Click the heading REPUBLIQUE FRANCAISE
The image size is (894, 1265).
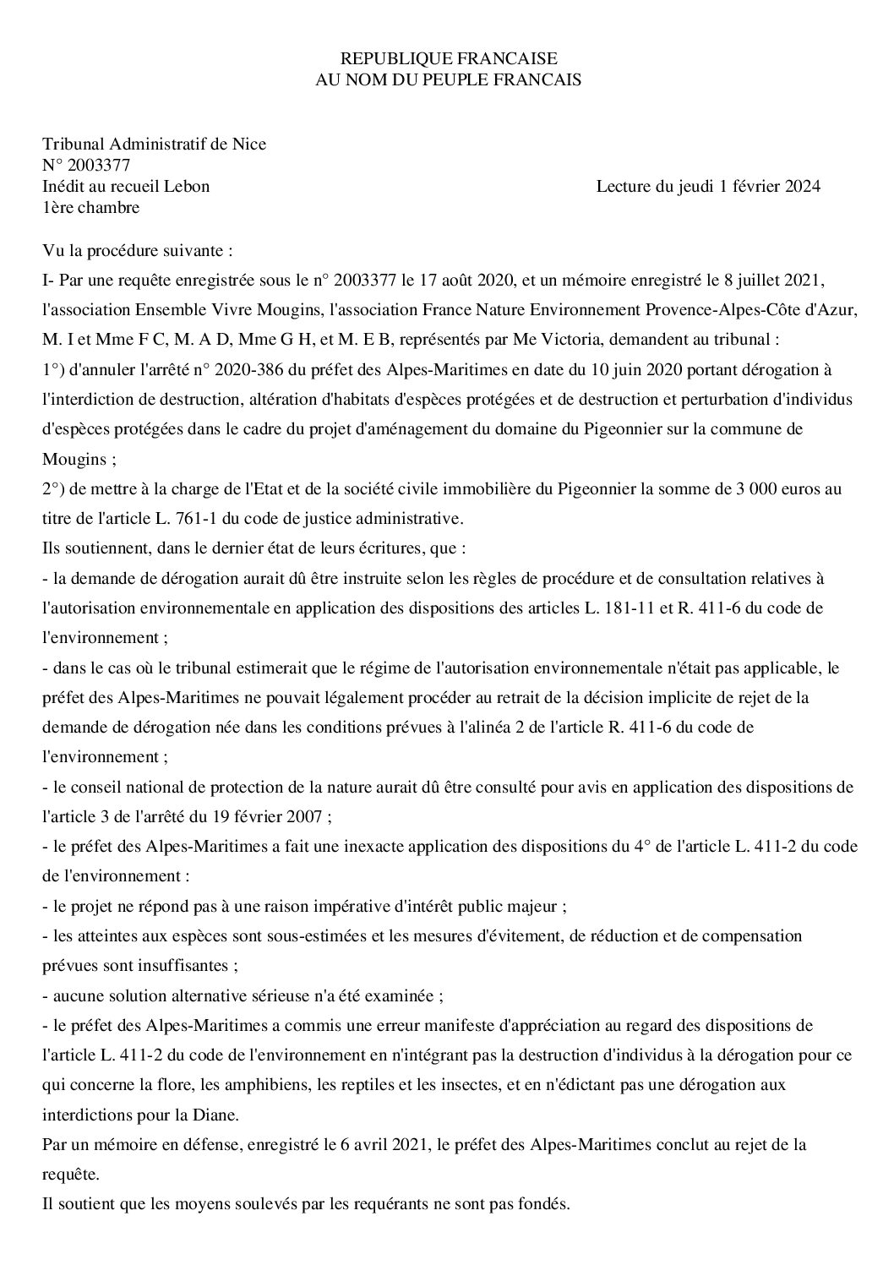click(448, 58)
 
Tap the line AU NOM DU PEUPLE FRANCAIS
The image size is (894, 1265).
click(448, 79)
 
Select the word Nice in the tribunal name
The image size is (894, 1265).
click(250, 144)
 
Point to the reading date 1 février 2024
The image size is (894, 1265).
click(770, 186)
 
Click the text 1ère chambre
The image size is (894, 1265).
click(91, 207)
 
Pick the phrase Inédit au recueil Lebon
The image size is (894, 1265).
click(126, 186)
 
